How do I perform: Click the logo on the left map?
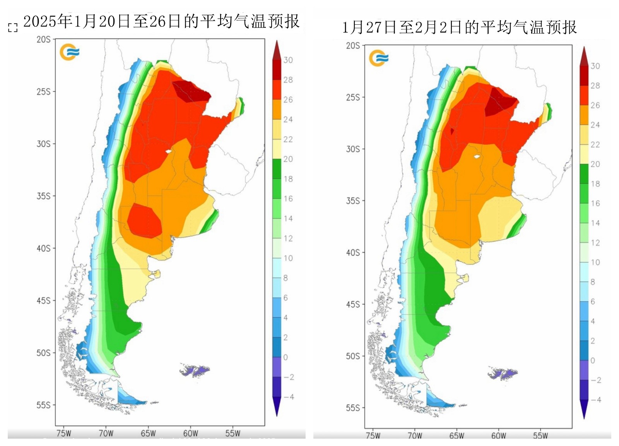69,52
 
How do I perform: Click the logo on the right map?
378,58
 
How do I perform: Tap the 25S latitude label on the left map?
43,92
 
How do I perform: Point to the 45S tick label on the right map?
353,304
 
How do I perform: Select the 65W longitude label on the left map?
148,433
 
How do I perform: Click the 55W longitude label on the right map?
540,436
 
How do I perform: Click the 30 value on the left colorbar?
288,60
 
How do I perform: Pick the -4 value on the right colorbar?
596,400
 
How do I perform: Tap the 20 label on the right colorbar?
595,164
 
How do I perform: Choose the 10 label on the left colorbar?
288,258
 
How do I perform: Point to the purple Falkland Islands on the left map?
195,371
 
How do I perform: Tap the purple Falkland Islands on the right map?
503,374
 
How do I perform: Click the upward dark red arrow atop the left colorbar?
277,50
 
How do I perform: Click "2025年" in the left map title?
48,21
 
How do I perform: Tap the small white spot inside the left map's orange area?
168,152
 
